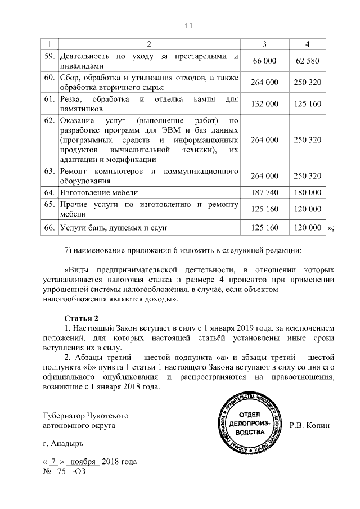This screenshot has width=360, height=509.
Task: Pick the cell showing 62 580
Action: point(307,61)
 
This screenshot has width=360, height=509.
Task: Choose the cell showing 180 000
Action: point(307,192)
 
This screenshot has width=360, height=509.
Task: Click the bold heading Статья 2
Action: point(82,318)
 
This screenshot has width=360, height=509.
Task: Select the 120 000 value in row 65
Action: point(307,209)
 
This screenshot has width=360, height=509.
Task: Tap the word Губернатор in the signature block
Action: point(64,416)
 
